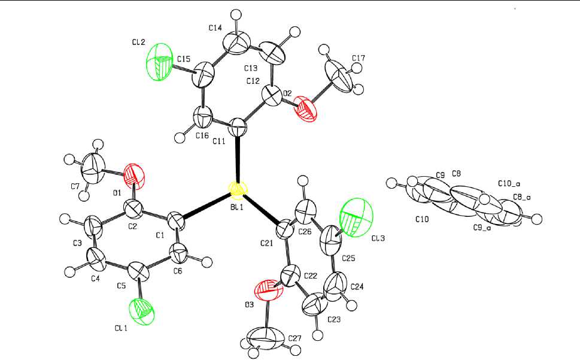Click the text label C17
(x=359, y=59)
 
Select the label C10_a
(x=508, y=184)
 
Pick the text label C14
(x=215, y=28)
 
